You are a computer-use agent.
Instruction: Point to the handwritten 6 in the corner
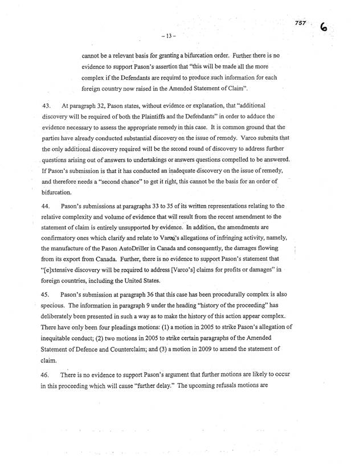(x=326, y=27)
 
